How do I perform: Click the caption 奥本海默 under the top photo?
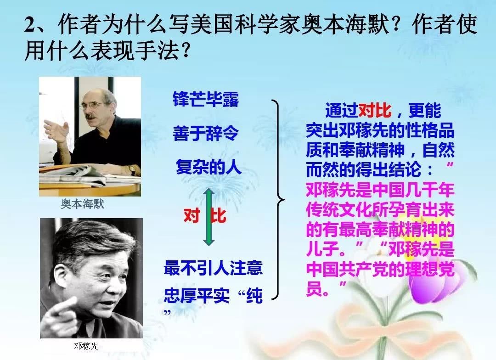tap(83, 204)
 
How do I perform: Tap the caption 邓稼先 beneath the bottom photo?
tap(86, 346)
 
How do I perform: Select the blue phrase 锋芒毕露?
tap(206, 99)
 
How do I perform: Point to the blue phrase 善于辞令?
tap(206, 133)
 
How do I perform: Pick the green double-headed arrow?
tap(209, 217)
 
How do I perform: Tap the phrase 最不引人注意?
tap(213, 268)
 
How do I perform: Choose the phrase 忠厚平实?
tap(197, 296)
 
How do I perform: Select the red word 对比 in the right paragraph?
tap(375, 111)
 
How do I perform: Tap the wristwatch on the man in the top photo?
tap(132, 170)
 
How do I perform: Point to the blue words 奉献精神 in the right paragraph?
tap(372, 150)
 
